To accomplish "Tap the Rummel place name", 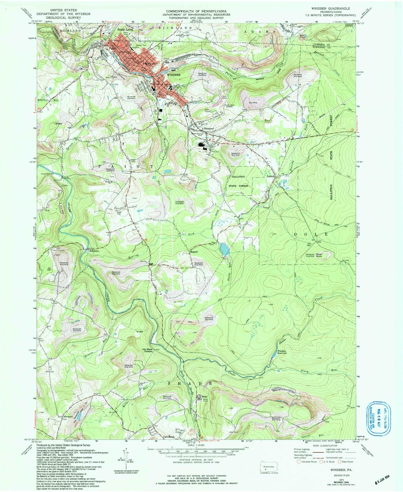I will tap(209, 128).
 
